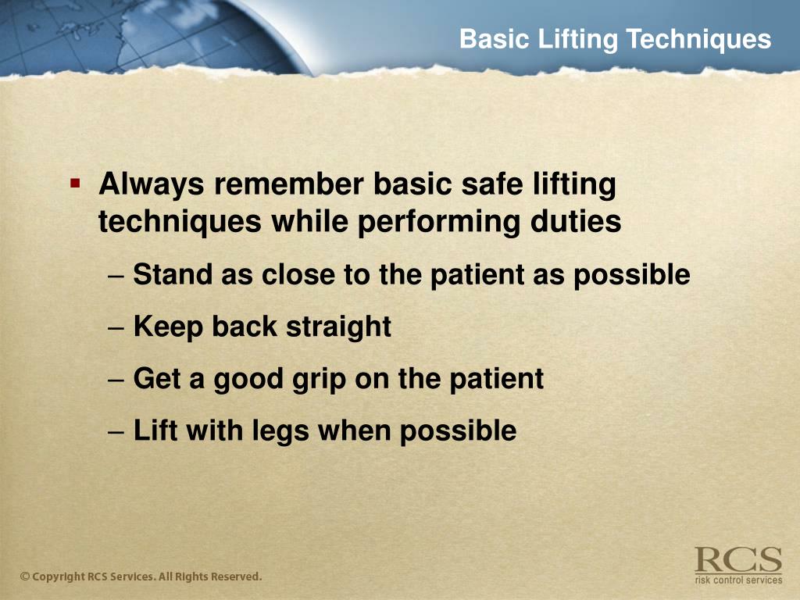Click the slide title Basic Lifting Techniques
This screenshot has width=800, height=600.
[615, 39]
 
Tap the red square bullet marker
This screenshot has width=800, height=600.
[75, 184]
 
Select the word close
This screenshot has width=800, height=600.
[299, 275]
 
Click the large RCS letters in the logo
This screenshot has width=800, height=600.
[737, 560]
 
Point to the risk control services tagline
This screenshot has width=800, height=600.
[737, 580]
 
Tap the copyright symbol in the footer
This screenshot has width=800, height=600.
[25, 577]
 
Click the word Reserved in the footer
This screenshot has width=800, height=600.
[234, 577]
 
